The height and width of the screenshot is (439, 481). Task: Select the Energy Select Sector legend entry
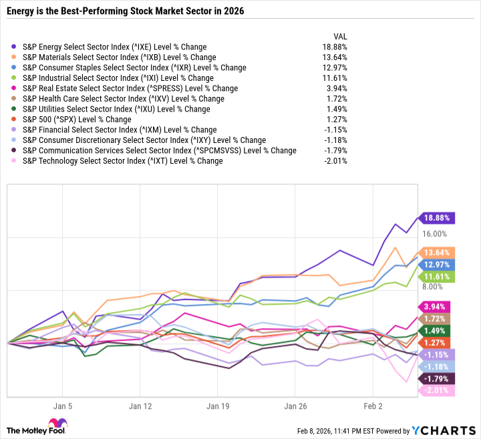click(x=114, y=47)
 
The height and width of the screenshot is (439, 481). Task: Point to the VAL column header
click(x=340, y=36)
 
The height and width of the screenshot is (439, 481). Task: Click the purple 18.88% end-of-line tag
click(x=437, y=217)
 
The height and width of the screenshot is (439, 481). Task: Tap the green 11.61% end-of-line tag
click(x=437, y=276)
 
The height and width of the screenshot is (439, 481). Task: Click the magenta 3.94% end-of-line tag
click(x=437, y=307)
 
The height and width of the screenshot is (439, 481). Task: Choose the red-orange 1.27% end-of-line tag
click(x=437, y=343)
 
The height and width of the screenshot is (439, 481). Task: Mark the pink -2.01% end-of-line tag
click(x=437, y=391)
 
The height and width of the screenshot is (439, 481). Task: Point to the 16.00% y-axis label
click(x=434, y=234)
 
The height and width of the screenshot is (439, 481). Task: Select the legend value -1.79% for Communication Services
click(x=335, y=151)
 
